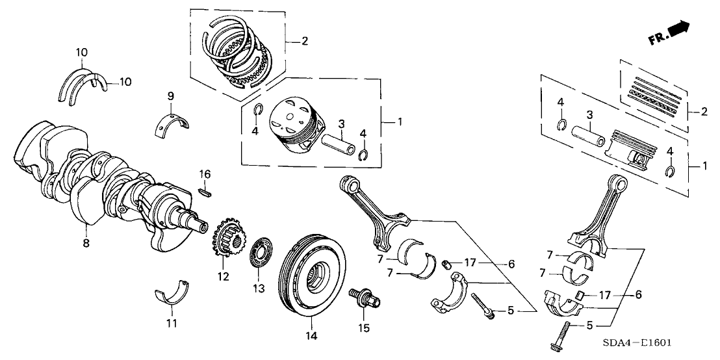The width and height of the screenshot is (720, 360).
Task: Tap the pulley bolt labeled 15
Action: pos(364,298)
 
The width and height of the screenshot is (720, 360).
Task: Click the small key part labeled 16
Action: pos(205,191)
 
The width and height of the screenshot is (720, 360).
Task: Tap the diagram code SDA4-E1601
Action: pos(639,343)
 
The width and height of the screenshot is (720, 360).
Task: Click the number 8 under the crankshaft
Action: pos(85,243)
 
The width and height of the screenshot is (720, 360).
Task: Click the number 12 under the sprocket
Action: pos(224,277)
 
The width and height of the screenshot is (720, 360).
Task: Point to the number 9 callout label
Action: pos(170,96)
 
